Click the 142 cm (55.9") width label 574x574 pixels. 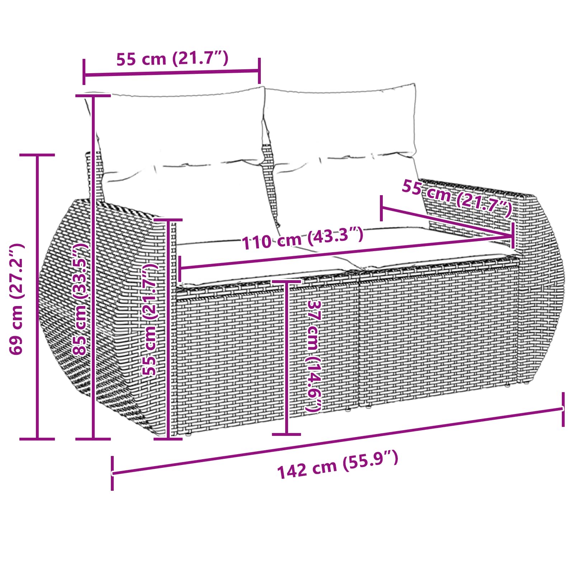338,465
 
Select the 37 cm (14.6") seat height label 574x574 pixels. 314,355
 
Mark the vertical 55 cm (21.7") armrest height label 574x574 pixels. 150,319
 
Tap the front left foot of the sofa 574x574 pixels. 187,437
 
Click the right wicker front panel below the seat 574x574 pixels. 438,334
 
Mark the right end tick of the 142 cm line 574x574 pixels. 563,409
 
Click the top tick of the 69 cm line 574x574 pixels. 37,155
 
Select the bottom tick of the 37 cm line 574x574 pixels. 286,434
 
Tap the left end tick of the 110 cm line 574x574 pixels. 180,269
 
